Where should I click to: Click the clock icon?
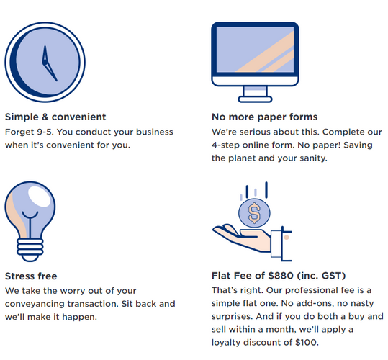[45, 62]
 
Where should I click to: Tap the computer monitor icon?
[255, 62]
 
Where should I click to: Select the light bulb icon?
[30, 222]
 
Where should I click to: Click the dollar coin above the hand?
[254, 213]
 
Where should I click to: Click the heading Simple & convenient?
[55, 117]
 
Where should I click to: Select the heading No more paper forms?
[264, 117]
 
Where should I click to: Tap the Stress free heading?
[31, 276]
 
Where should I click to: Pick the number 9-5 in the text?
[45, 132]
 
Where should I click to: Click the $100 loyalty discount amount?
[307, 343]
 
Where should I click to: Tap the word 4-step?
[225, 145]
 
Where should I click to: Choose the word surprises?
[232, 317]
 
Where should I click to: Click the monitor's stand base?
[255, 99]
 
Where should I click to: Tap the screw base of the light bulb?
[30, 250]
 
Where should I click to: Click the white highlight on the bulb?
[39, 197]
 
